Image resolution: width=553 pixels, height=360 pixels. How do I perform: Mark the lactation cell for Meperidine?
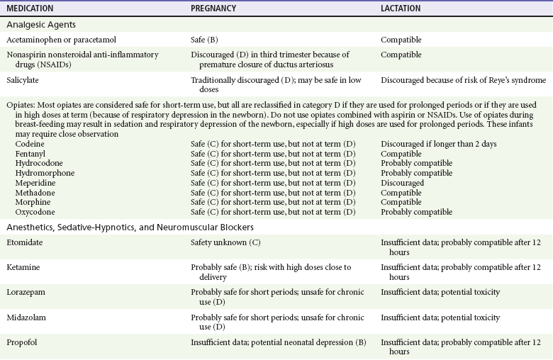point(402,182)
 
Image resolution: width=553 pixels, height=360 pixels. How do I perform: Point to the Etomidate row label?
point(26,242)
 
